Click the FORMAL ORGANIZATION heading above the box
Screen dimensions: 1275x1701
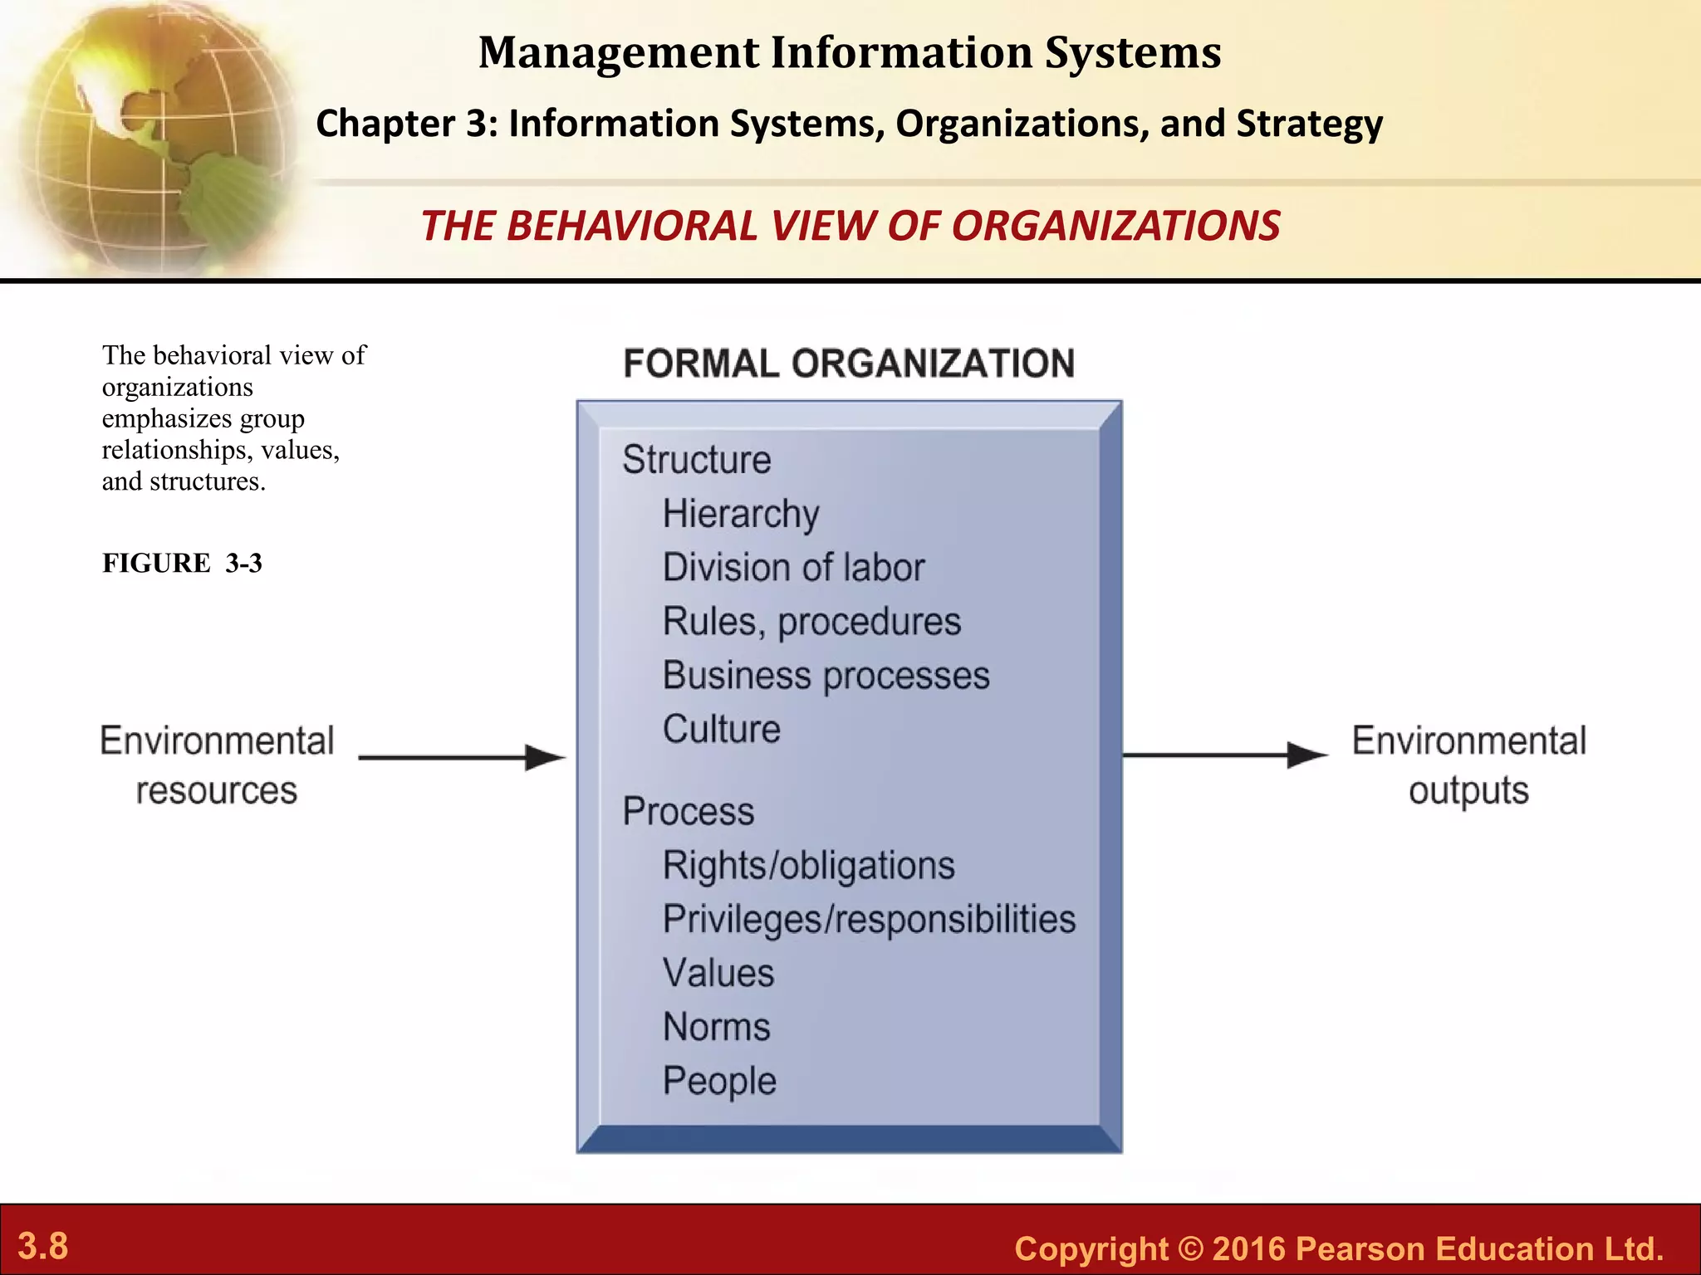click(849, 364)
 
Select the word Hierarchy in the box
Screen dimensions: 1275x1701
click(741, 514)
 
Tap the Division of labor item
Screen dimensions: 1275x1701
click(793, 568)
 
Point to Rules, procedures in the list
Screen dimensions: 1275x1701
click(811, 622)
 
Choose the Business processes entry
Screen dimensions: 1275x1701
click(826, 676)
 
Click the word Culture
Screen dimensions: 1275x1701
click(721, 730)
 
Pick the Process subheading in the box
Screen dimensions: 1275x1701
click(689, 811)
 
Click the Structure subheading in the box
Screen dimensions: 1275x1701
click(697, 460)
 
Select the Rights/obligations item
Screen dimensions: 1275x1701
click(808, 866)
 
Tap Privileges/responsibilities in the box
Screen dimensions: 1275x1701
click(869, 920)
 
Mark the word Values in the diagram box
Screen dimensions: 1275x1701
click(718, 973)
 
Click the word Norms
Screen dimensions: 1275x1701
click(717, 1027)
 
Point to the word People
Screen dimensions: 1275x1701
click(719, 1081)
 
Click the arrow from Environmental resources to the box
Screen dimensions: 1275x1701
click(462, 757)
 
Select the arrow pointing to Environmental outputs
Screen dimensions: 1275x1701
click(1225, 755)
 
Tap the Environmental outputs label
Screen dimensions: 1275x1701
click(1468, 765)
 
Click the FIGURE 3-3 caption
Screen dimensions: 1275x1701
click(182, 563)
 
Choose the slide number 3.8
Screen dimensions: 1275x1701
click(43, 1246)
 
